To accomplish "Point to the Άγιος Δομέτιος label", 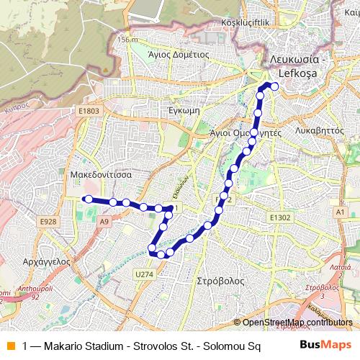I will [178, 53].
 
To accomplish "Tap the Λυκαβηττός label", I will [318, 132].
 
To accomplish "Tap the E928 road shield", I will [50, 220].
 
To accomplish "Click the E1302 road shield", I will [280, 217].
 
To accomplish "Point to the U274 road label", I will [143, 274].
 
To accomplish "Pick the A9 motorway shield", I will [104, 222].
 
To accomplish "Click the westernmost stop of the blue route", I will [86, 199].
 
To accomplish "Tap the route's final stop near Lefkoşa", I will [274, 86].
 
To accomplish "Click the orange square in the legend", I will [9, 346].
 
